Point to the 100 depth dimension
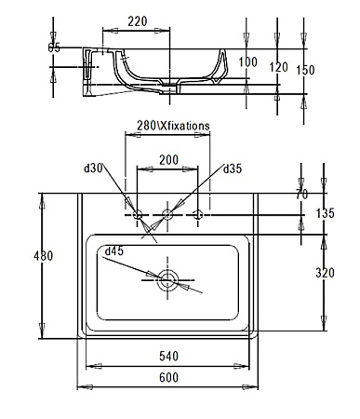(247, 61)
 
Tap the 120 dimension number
(278, 67)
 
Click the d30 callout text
(93, 169)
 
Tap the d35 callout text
(233, 169)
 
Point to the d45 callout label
(114, 250)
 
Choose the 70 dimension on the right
(300, 194)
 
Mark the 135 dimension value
(325, 214)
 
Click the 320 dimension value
(325, 274)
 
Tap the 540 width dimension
(167, 356)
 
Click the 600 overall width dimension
(167, 377)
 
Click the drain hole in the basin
(168, 277)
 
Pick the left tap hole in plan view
(138, 215)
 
